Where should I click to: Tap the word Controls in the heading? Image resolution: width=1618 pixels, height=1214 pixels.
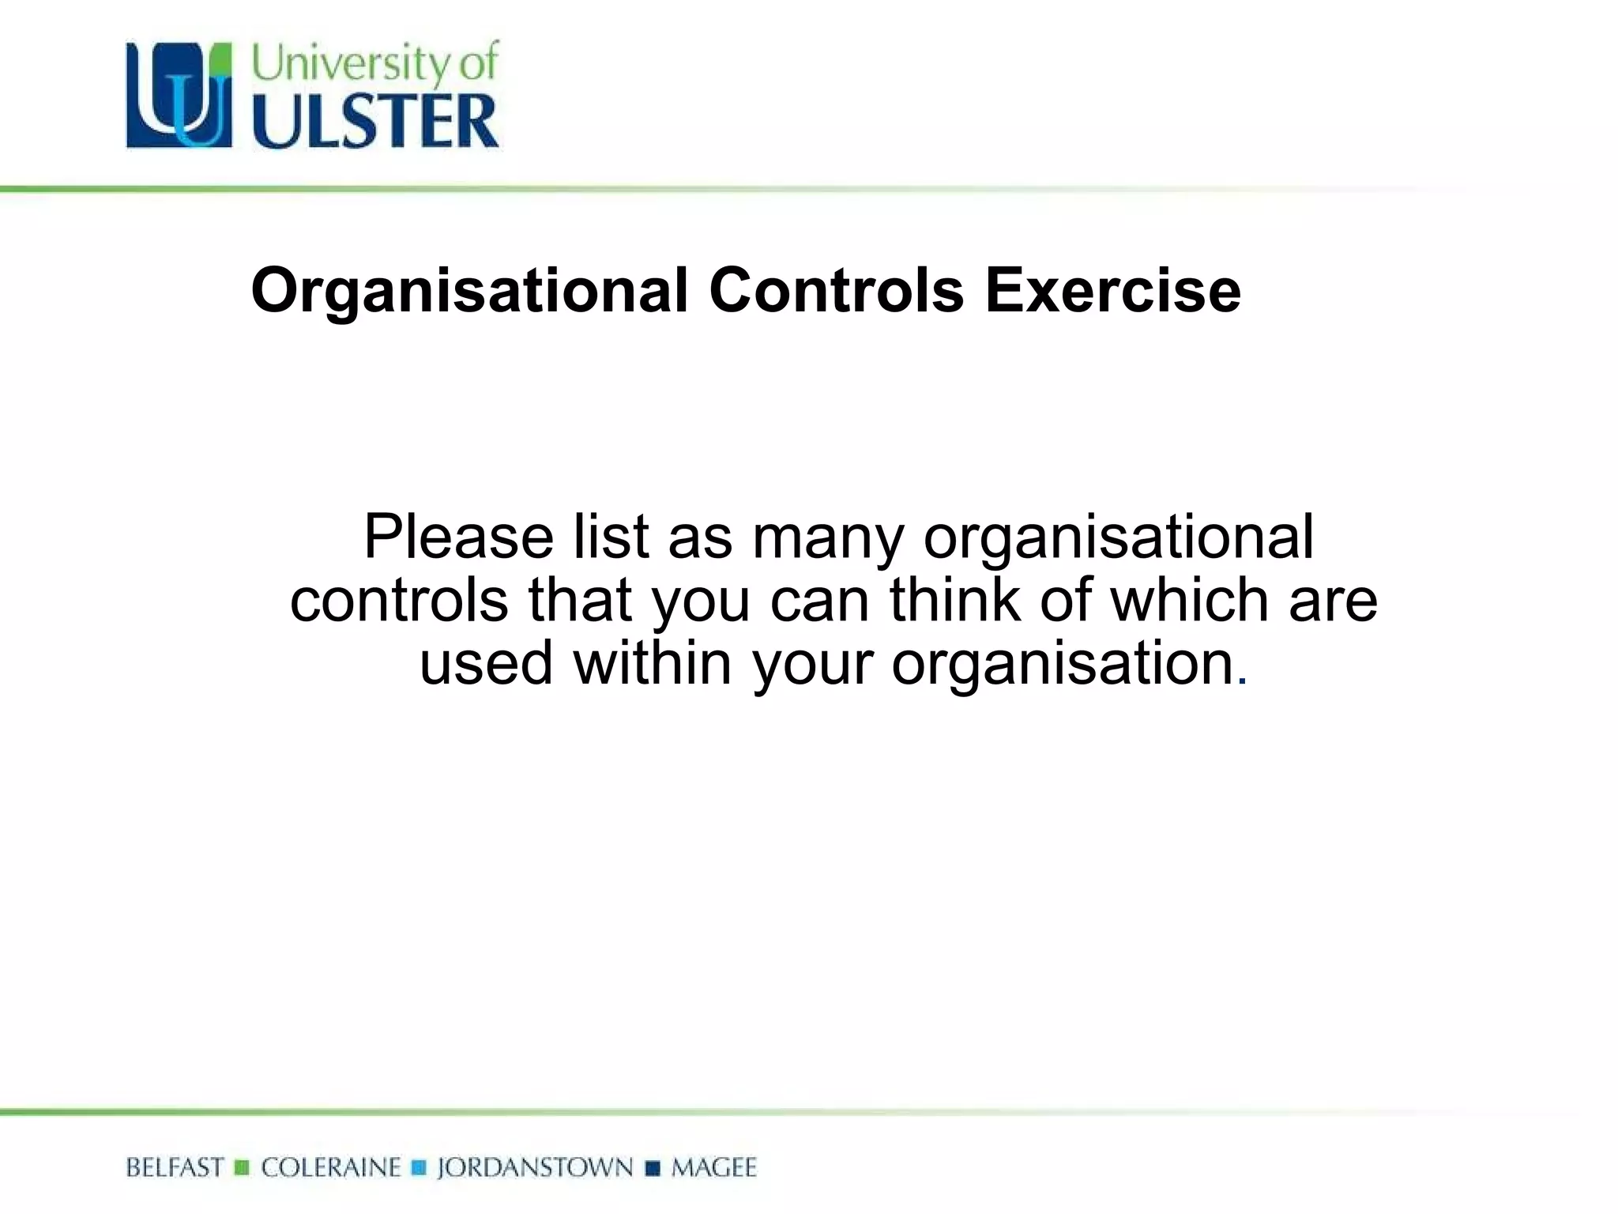tap(837, 291)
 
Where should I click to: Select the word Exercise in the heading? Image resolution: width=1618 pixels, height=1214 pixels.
tap(1112, 291)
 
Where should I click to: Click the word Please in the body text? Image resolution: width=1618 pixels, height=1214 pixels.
tap(458, 537)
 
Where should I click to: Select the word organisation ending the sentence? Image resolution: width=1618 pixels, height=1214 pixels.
tap(1063, 664)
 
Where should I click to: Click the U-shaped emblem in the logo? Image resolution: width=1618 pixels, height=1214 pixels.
tap(179, 96)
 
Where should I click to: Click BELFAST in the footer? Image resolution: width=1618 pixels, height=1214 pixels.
tap(175, 1168)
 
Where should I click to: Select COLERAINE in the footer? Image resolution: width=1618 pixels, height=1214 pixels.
tap(331, 1168)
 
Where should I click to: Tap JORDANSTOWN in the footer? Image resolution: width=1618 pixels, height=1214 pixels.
tap(535, 1168)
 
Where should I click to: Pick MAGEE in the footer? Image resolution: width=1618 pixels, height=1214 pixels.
tap(713, 1168)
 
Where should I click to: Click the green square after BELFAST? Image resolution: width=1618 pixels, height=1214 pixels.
tap(243, 1168)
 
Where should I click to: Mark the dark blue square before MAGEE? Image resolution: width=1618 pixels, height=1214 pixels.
tap(653, 1168)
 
